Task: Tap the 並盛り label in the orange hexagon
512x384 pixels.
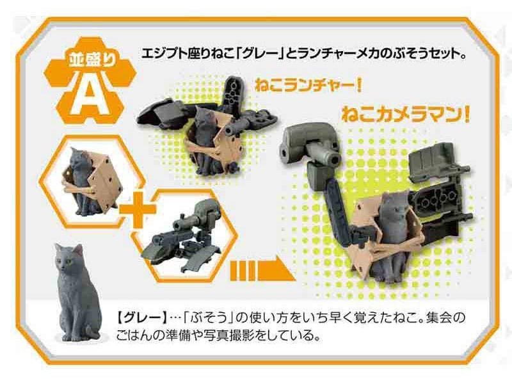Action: [x=92, y=60]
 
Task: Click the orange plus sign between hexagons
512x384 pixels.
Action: [x=138, y=209]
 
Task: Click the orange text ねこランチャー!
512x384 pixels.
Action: [x=308, y=86]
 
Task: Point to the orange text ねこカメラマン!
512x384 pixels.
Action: [x=406, y=115]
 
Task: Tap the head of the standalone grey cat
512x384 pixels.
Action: [x=69, y=257]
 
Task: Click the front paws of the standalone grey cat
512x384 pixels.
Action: [x=71, y=335]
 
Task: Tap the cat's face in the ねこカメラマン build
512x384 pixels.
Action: [x=396, y=205]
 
